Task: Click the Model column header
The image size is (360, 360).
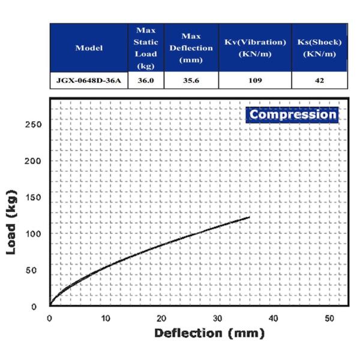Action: click(x=89, y=48)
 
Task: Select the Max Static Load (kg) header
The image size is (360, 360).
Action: click(x=146, y=48)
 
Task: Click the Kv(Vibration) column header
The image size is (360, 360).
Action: click(x=254, y=48)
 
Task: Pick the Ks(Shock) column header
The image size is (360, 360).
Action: click(x=319, y=48)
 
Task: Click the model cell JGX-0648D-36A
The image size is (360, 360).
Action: click(x=89, y=80)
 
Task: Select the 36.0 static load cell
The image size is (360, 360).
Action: click(x=146, y=80)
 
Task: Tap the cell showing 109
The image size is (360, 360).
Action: click(x=254, y=80)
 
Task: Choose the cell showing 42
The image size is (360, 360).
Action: click(x=319, y=80)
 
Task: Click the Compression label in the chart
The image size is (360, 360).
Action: click(x=293, y=114)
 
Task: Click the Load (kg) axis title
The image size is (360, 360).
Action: click(x=11, y=223)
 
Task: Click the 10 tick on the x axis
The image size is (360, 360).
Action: click(x=106, y=318)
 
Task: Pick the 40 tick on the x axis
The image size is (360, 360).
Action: click(x=274, y=318)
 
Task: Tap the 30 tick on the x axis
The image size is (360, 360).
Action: click(x=217, y=318)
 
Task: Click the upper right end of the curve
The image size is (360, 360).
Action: click(x=248, y=217)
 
